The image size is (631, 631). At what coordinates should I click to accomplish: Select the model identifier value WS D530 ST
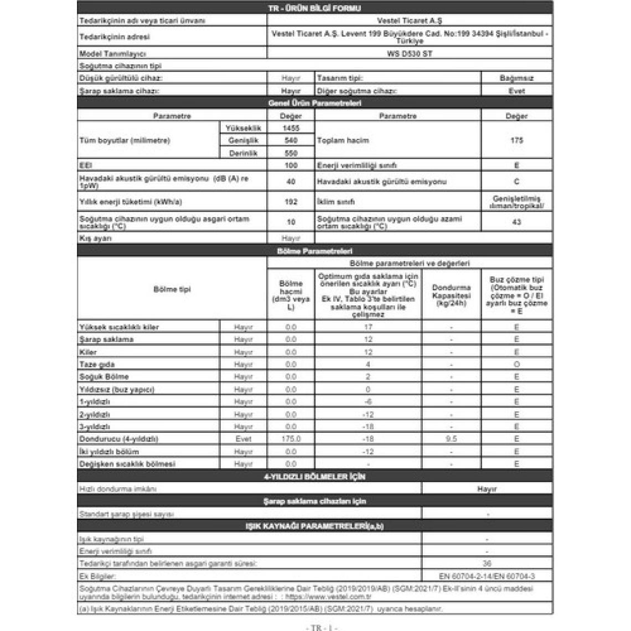pos(410,54)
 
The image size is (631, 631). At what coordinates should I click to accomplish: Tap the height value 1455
pos(291,128)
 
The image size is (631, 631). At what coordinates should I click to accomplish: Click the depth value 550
pos(291,153)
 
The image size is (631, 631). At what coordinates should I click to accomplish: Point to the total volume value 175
pos(516,141)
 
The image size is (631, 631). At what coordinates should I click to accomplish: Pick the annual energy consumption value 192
pos(291,202)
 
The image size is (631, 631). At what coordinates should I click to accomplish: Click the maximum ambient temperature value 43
pos(516,223)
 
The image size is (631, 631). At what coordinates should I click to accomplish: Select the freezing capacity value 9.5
pos(451,439)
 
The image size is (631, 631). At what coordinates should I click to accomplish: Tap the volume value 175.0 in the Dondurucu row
pos(291,439)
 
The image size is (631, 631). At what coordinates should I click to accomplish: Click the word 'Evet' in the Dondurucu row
pos(243,439)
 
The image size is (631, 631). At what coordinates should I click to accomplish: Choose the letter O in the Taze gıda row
pos(516,365)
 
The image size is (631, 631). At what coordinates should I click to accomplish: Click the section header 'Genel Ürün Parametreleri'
pos(314,104)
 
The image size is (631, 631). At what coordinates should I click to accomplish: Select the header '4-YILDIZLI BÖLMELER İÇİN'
pos(314,477)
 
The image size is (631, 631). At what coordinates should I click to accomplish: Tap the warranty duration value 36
pos(487,564)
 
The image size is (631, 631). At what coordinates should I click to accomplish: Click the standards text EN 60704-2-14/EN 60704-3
pos(487,576)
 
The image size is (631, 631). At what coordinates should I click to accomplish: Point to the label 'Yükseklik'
pos(243,128)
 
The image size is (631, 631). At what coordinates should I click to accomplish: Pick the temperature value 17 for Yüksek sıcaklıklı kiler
pos(368,327)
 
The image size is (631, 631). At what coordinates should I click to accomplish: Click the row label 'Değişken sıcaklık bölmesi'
pos(127,464)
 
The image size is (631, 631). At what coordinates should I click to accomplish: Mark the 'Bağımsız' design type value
pos(516,79)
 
